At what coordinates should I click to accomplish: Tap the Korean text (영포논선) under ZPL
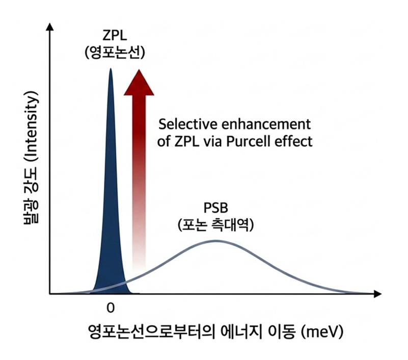click(x=115, y=53)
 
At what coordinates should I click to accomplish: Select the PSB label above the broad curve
click(x=215, y=208)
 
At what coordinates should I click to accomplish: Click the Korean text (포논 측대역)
click(x=215, y=225)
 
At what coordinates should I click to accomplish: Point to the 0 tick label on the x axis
click(x=111, y=308)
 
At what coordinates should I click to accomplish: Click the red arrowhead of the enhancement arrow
click(x=139, y=83)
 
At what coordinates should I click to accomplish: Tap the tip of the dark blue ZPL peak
click(x=111, y=68)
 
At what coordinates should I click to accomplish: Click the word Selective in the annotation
click(x=188, y=124)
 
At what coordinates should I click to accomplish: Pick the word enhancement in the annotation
click(x=266, y=124)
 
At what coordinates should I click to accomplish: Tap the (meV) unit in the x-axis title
click(x=322, y=331)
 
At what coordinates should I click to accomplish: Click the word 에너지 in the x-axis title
click(x=241, y=331)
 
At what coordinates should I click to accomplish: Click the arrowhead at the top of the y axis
click(x=50, y=27)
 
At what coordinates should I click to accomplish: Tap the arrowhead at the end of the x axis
click(x=377, y=294)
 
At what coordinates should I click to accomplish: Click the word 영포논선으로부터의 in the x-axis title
click(x=152, y=331)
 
